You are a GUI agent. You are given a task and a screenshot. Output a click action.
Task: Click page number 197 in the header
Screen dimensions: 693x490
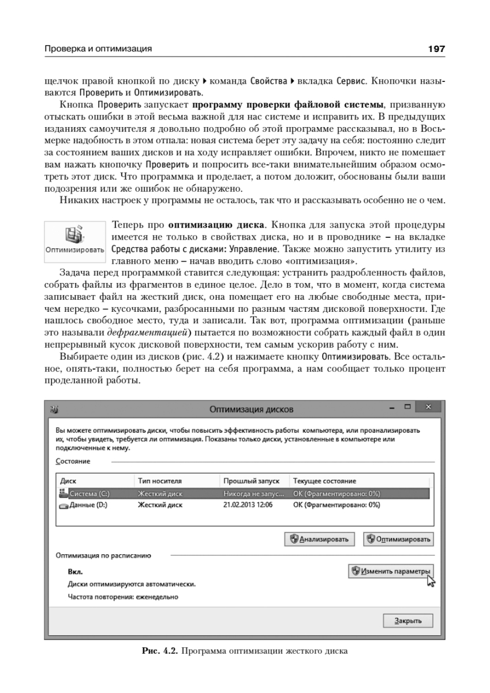tap(436, 49)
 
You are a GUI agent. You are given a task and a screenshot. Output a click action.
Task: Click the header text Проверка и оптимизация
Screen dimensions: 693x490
tap(98, 49)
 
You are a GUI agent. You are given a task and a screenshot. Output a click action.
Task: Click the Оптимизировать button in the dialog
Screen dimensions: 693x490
tap(398, 539)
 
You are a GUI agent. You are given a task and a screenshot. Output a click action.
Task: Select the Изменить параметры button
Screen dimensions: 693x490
tap(391, 571)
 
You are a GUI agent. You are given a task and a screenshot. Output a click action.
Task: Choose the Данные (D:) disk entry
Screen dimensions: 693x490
tap(88, 504)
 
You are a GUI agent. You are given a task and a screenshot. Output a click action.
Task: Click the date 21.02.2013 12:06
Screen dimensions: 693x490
tap(248, 504)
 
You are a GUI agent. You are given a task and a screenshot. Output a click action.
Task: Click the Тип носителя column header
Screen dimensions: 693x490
tap(160, 480)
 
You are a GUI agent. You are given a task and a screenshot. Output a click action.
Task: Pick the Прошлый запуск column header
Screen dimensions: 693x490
tap(251, 480)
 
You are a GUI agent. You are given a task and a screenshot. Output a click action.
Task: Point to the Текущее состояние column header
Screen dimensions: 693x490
tap(324, 480)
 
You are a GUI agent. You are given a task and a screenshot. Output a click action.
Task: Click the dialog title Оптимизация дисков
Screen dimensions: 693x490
tap(251, 409)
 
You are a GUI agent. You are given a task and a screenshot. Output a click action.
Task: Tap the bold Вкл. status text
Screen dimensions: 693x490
tap(75, 572)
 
